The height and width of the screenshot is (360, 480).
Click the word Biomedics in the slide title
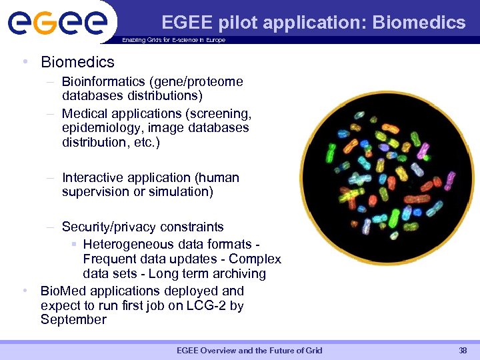(419, 23)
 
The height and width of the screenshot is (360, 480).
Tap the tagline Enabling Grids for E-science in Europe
(173, 40)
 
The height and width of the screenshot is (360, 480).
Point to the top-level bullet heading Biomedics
(77, 62)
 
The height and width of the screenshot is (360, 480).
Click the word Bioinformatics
(103, 82)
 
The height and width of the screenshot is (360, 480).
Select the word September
(73, 320)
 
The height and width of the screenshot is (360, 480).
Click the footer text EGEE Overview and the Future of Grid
(249, 351)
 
